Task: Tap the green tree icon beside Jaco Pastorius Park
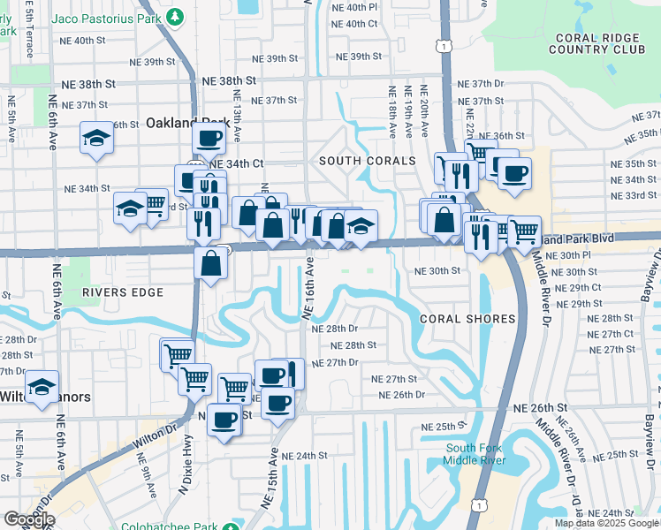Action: click(x=176, y=17)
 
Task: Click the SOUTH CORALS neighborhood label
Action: click(x=367, y=161)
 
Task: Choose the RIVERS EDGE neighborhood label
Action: click(x=123, y=291)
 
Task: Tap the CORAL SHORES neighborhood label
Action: click(x=467, y=319)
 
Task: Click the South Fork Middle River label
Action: click(x=477, y=454)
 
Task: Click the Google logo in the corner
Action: click(x=28, y=519)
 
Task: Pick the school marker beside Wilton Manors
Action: click(x=42, y=386)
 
